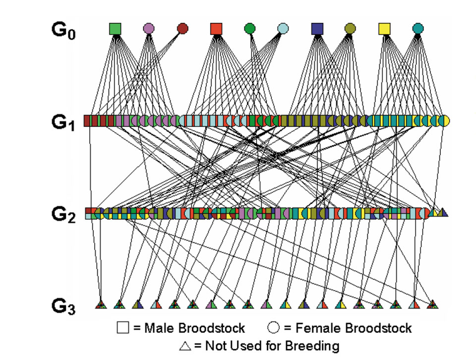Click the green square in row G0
(x=115, y=29)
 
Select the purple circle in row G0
(x=148, y=28)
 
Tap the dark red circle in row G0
(x=182, y=28)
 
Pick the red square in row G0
(x=216, y=29)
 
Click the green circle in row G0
(x=249, y=28)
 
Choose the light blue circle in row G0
(x=283, y=28)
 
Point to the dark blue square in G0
(x=317, y=29)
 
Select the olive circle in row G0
(x=350, y=28)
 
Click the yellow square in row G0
(x=384, y=29)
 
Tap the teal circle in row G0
(x=417, y=28)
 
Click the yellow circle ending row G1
(x=444, y=120)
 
